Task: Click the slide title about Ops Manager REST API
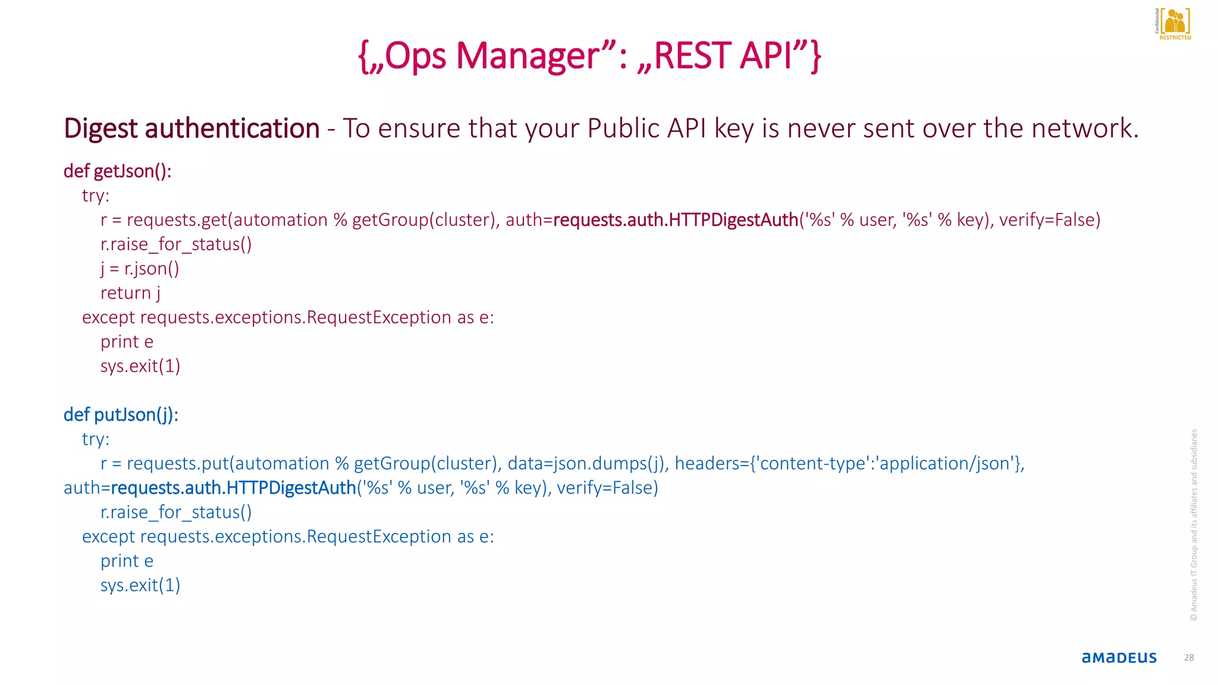click(x=589, y=56)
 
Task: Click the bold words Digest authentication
click(x=192, y=128)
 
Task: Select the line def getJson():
click(x=117, y=171)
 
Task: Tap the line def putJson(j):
click(x=121, y=414)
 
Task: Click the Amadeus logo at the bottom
click(x=1119, y=657)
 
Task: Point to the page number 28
click(x=1189, y=658)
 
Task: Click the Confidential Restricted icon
click(x=1174, y=24)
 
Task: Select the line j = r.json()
click(x=140, y=269)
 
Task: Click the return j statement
click(x=130, y=293)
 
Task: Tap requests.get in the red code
click(x=177, y=220)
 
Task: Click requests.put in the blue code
click(x=177, y=464)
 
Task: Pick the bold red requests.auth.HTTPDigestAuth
click(x=675, y=220)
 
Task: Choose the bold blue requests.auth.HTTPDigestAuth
click(x=233, y=488)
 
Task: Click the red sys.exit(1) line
click(x=140, y=366)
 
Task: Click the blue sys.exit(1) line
click(x=140, y=586)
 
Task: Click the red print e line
click(x=127, y=342)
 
